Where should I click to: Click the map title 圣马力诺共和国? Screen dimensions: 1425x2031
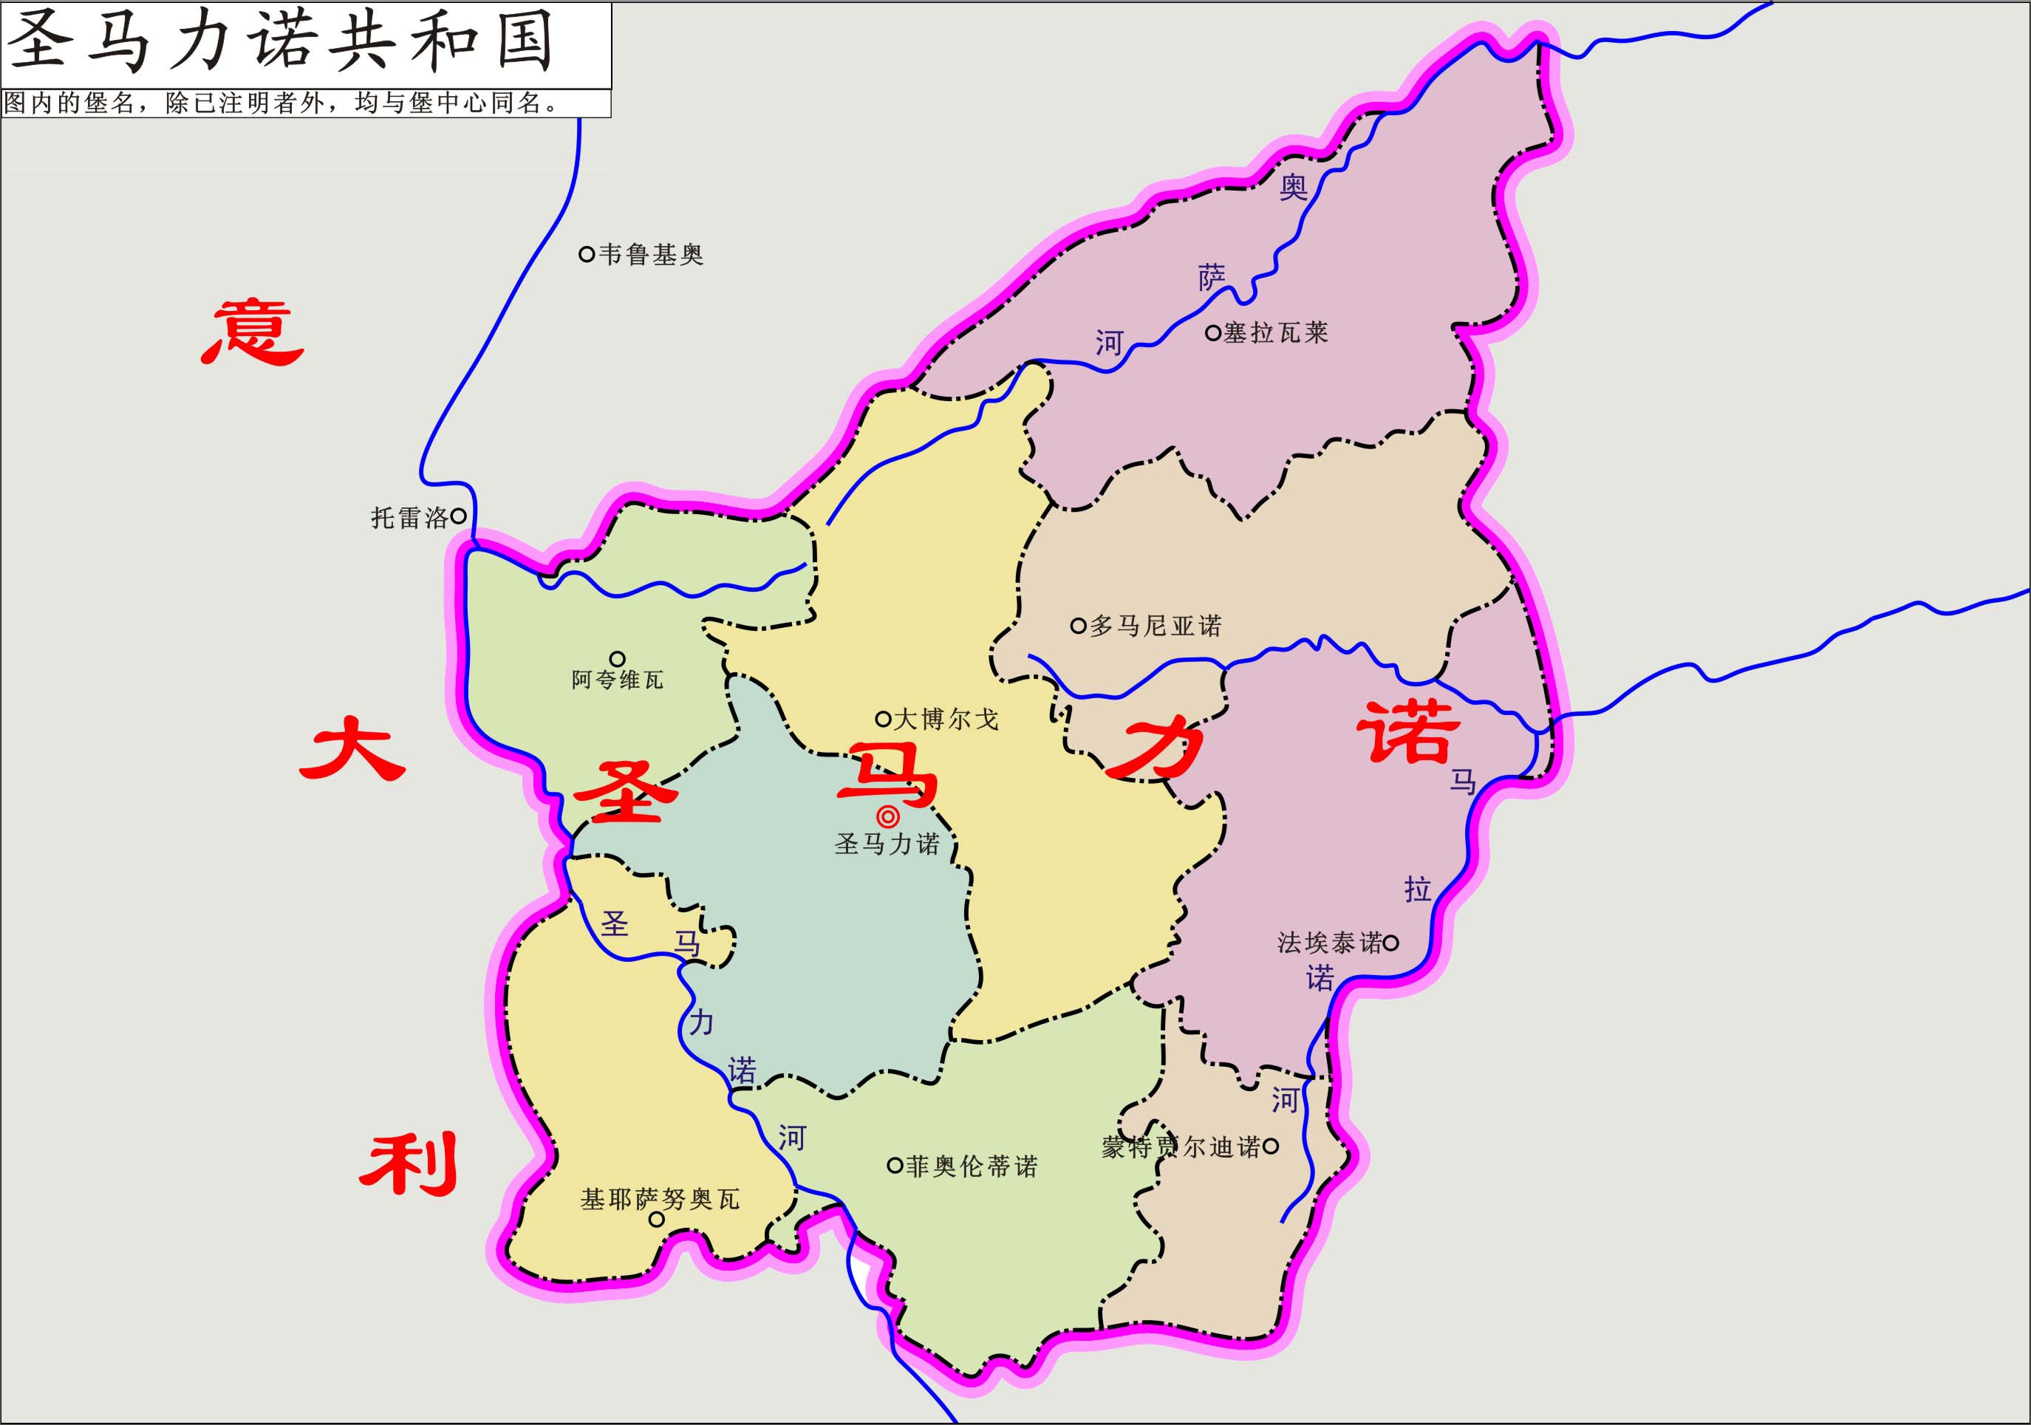(x=281, y=42)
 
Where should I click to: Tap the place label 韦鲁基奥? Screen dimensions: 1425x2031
(x=650, y=255)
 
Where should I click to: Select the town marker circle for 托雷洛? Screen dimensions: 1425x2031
(x=458, y=516)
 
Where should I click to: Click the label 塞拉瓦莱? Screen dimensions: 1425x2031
(x=1276, y=332)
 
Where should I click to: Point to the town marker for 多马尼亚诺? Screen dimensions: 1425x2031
(x=1077, y=626)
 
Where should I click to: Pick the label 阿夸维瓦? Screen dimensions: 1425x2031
(x=617, y=680)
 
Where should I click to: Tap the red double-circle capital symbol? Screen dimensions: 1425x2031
(x=887, y=816)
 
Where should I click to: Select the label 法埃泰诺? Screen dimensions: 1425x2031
(x=1328, y=943)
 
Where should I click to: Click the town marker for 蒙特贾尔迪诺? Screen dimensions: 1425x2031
(x=1270, y=1147)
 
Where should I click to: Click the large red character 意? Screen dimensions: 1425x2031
(x=253, y=332)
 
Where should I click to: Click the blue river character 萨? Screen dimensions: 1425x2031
(x=1212, y=278)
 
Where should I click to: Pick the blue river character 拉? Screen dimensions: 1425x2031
(x=1417, y=889)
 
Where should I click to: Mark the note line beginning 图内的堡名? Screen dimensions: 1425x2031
(x=281, y=103)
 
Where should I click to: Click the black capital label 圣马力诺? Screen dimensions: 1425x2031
(x=887, y=844)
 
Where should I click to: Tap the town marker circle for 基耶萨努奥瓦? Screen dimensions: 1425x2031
(x=656, y=1219)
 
